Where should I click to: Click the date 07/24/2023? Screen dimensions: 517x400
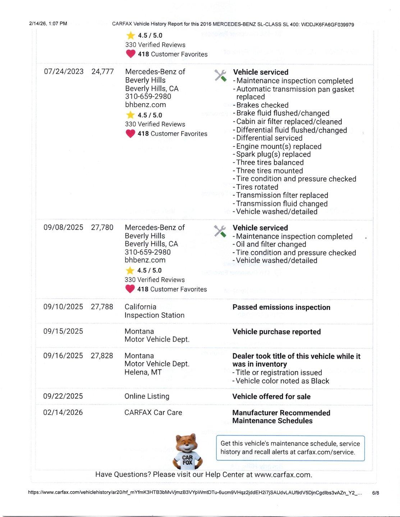(x=64, y=71)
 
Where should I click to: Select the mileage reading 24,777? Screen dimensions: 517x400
(x=103, y=71)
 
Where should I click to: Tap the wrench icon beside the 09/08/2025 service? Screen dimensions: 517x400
(x=220, y=231)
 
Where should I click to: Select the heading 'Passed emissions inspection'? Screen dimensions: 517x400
(x=281, y=307)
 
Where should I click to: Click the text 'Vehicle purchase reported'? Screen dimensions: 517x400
(x=276, y=332)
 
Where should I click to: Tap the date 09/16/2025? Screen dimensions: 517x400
(x=63, y=356)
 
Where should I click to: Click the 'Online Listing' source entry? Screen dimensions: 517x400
(x=147, y=396)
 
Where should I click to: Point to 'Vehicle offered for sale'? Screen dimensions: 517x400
(x=271, y=397)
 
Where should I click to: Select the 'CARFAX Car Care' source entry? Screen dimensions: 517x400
(x=153, y=413)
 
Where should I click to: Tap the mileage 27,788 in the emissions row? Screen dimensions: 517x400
(x=102, y=307)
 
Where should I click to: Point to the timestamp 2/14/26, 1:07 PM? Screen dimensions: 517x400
(x=48, y=24)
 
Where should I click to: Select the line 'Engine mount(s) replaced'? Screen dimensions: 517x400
(x=279, y=146)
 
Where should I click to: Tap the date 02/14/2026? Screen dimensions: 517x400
(x=63, y=413)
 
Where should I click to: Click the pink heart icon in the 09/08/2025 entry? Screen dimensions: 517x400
(x=130, y=289)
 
